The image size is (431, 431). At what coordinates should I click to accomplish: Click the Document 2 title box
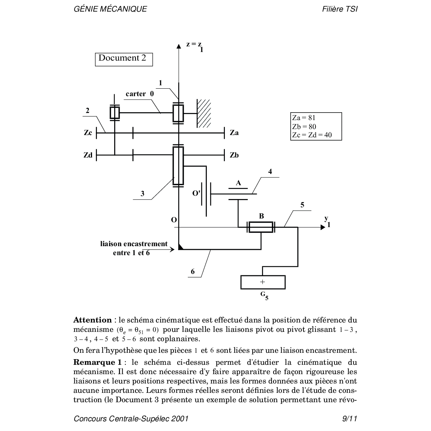(123, 59)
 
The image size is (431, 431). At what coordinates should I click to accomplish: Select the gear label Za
(234, 132)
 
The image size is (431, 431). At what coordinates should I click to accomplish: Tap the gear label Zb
(234, 155)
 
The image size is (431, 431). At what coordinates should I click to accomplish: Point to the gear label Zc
(88, 132)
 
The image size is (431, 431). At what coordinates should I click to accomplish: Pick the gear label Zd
(88, 155)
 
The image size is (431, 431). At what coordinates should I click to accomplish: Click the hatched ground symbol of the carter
(204, 113)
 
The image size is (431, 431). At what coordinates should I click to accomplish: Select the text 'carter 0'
(140, 94)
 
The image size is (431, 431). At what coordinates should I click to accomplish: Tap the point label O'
(196, 193)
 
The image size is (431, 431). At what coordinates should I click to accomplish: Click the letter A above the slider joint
(238, 183)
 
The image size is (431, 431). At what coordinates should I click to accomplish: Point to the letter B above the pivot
(262, 216)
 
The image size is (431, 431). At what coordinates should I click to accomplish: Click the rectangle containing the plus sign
(263, 282)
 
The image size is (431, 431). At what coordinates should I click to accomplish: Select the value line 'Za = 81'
(304, 118)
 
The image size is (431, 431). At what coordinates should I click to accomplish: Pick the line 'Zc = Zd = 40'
(312, 135)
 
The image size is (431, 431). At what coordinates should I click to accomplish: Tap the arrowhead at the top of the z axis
(179, 46)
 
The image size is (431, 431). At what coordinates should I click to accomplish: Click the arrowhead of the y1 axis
(323, 227)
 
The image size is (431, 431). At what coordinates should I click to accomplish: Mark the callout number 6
(193, 272)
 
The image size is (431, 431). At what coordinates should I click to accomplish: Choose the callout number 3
(142, 194)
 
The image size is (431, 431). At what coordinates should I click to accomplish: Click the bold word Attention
(92, 320)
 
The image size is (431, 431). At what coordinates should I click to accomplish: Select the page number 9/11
(350, 419)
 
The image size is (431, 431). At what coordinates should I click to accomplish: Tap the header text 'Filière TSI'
(339, 9)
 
